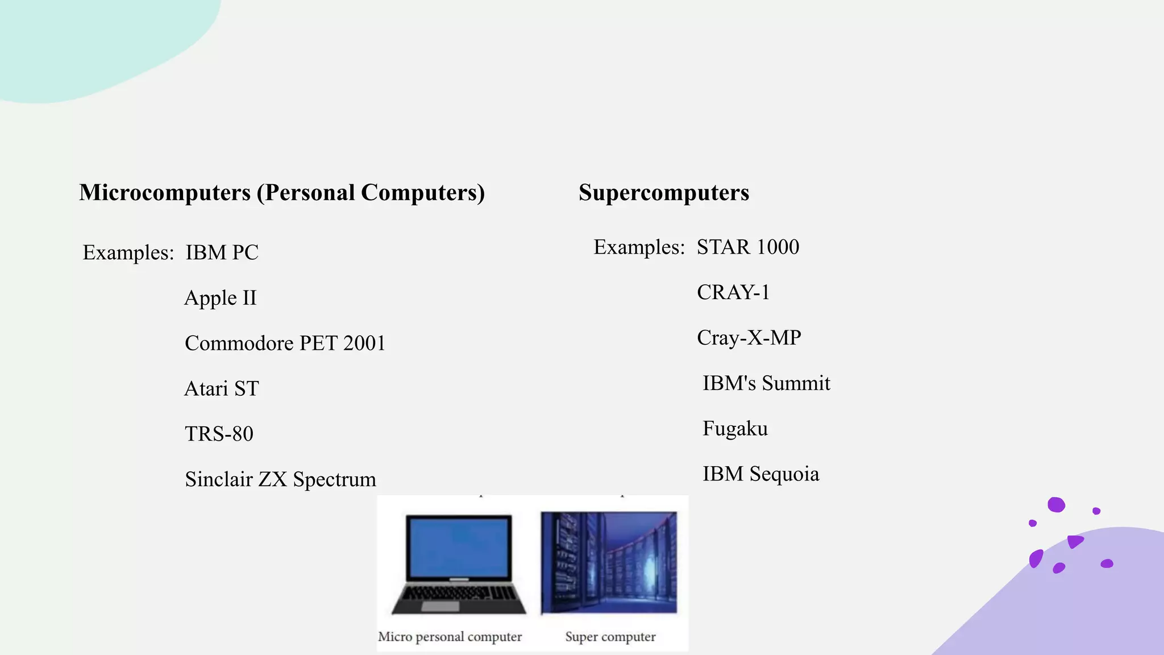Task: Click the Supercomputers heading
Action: click(663, 193)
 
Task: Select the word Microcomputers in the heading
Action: click(165, 193)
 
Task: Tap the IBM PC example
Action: click(222, 252)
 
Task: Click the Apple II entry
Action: click(221, 298)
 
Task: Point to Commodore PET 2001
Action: click(285, 343)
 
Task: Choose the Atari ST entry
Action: click(222, 389)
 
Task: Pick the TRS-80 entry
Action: click(219, 434)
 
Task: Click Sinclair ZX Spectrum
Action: click(280, 480)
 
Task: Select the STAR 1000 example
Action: click(747, 247)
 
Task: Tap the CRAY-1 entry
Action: click(733, 293)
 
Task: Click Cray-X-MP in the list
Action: click(749, 338)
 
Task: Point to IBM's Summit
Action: click(766, 384)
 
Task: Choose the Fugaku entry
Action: click(735, 429)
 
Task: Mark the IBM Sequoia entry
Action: click(760, 475)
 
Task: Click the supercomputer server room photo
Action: click(609, 562)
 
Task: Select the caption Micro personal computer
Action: click(450, 637)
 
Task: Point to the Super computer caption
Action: click(610, 637)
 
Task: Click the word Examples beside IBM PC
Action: click(128, 252)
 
